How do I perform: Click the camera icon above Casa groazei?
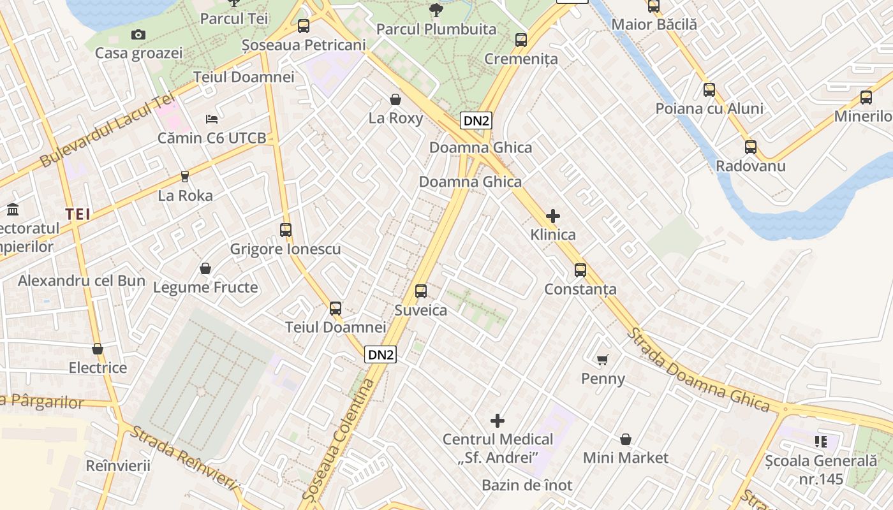tap(138, 34)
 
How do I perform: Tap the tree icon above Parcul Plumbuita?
tap(436, 10)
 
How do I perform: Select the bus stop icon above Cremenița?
tap(521, 40)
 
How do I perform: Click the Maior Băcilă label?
tap(654, 25)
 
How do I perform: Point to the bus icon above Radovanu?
tap(751, 147)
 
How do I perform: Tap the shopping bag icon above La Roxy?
tap(395, 99)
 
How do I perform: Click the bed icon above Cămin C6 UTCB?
tap(212, 119)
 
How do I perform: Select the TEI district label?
tap(78, 214)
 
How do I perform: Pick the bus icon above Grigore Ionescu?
tap(286, 230)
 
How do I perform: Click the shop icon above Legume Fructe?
tap(205, 268)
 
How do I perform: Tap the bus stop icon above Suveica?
tap(421, 291)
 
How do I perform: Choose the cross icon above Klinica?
tap(553, 216)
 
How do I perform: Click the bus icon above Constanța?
tap(580, 270)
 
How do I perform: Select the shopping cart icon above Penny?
tap(603, 360)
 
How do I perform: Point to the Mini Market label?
tap(625, 458)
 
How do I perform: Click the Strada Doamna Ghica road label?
tap(698, 370)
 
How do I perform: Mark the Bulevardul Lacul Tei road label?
tap(107, 131)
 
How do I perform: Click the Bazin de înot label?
tap(527, 485)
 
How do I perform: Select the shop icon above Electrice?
tap(98, 349)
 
